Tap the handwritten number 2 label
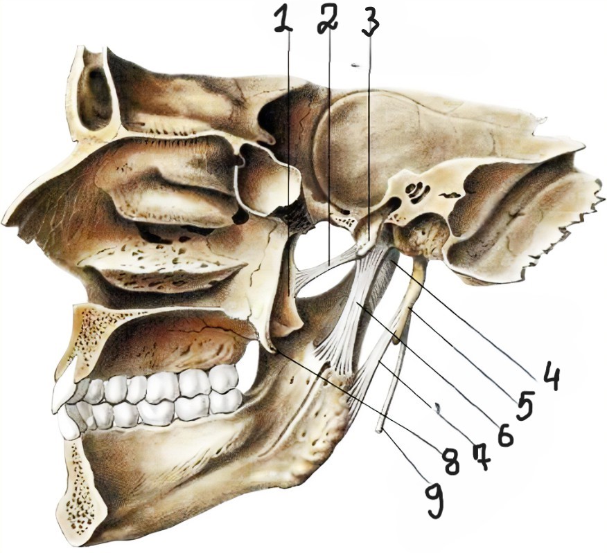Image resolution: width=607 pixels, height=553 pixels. click(327, 19)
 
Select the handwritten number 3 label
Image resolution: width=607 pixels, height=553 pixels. click(371, 24)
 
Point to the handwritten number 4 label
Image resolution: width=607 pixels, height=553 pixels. click(552, 378)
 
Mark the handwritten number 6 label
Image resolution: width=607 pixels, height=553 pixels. click(504, 433)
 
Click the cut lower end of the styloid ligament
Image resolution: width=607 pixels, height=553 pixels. click(380, 430)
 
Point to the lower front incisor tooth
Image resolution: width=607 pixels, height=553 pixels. click(69, 426)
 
